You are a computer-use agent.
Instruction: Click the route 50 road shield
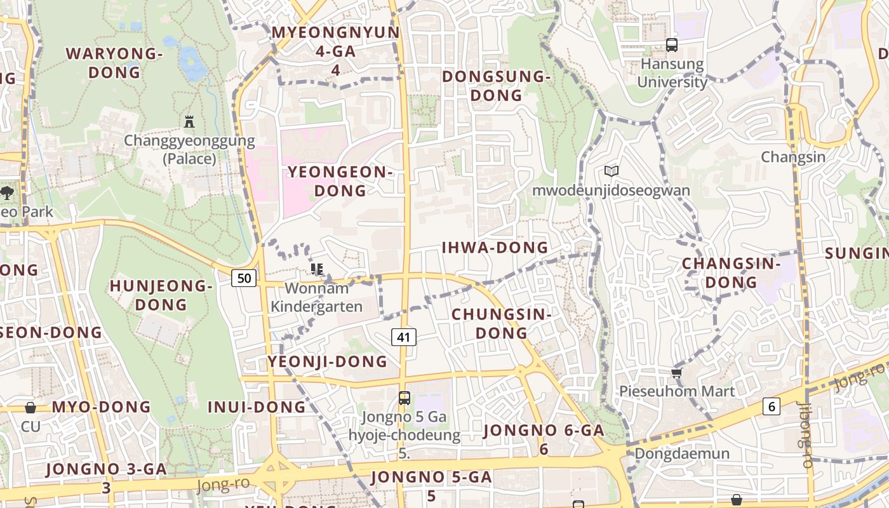(244, 277)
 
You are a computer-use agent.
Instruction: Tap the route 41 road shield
(404, 337)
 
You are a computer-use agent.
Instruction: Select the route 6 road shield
(771, 406)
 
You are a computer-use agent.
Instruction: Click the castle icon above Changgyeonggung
(189, 121)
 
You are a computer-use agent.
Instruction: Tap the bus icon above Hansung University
(671, 45)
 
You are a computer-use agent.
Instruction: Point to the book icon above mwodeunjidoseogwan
(612, 171)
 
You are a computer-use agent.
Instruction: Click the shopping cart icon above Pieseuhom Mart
(676, 372)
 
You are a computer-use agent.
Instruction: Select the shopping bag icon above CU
(30, 408)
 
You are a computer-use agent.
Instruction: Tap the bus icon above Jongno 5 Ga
(404, 398)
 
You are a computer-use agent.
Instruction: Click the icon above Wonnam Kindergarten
(317, 269)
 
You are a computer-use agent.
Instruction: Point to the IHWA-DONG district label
(495, 248)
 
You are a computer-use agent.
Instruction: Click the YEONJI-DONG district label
(327, 361)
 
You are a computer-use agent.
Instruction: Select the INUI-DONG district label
(257, 407)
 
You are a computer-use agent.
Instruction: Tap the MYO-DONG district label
(102, 407)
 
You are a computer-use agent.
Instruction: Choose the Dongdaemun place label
(682, 453)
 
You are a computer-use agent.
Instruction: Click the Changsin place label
(793, 157)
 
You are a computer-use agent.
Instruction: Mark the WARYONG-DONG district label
(114, 63)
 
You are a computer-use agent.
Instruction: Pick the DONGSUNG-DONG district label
(495, 86)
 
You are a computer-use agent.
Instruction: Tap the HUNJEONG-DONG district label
(161, 295)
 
